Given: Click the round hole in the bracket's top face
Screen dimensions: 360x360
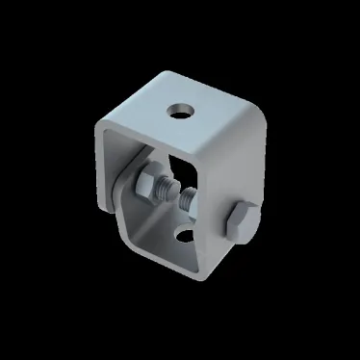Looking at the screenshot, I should (179, 110).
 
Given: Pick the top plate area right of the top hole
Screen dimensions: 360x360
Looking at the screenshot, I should (217, 120).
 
